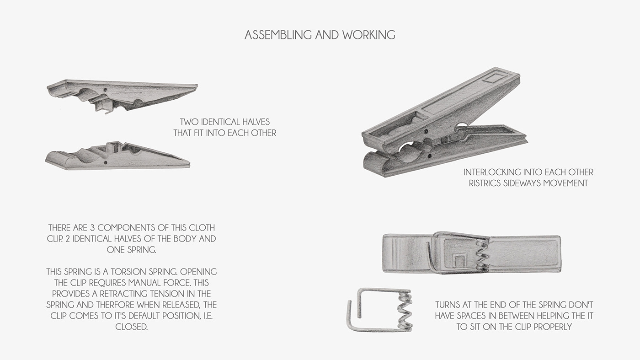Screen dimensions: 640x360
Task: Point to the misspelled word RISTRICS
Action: click(485, 183)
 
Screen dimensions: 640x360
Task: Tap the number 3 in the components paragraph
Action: click(92, 228)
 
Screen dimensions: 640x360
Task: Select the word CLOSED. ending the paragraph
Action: click(132, 327)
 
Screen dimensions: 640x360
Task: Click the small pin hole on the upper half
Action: click(106, 90)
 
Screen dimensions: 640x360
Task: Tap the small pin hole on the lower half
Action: click(106, 162)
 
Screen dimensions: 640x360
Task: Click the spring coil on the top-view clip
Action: click(482, 255)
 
